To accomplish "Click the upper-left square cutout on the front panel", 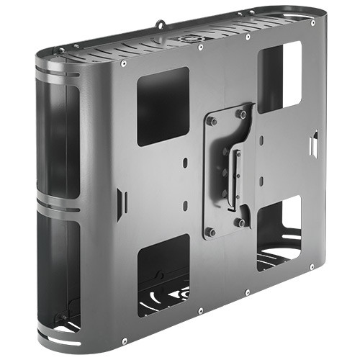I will point(163,107).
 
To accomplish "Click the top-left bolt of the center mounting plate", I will point(212,121).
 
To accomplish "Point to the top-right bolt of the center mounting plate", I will point(241,114).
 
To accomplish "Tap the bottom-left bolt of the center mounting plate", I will point(211,232).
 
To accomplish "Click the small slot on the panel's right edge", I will point(315,144).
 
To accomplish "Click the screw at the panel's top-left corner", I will point(124,63).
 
